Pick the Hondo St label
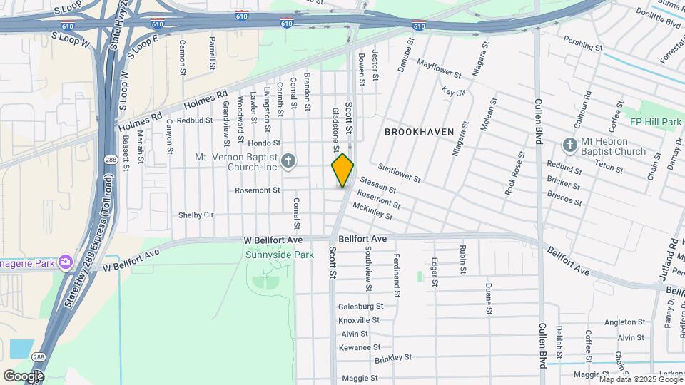[x=265, y=143]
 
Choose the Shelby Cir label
[x=196, y=215]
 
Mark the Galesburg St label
[x=360, y=306]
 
